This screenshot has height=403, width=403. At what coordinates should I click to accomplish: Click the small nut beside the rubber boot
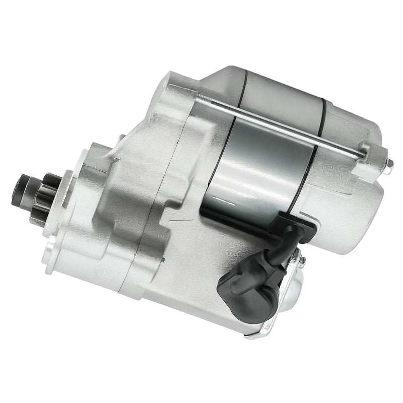302,261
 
